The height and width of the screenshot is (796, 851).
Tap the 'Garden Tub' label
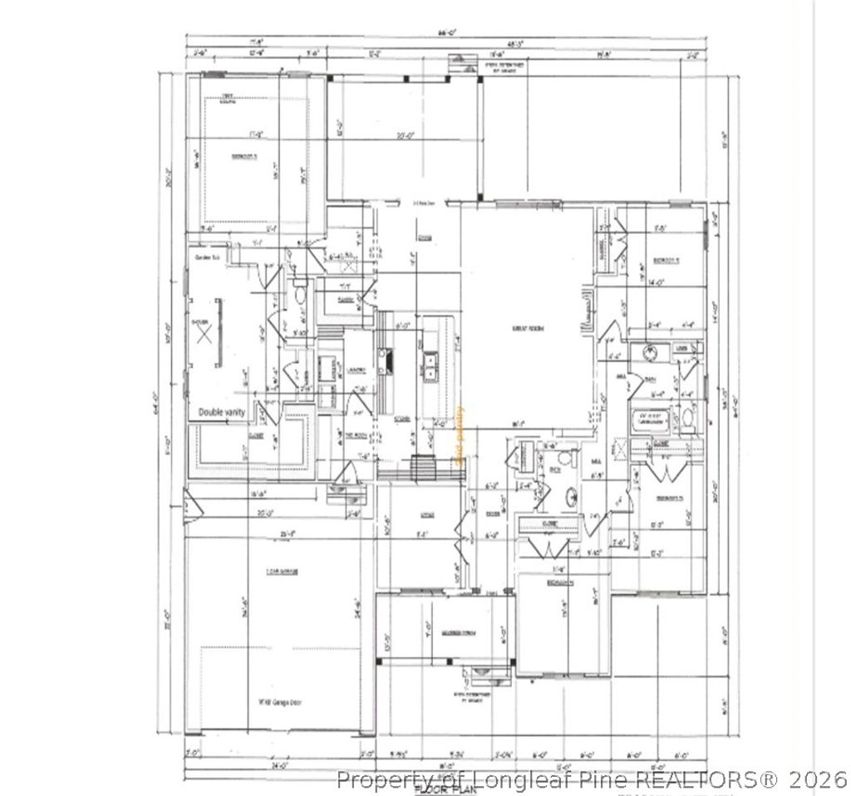point(206,257)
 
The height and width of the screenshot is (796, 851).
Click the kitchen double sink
point(432,365)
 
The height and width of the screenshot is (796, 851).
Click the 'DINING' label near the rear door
point(425,238)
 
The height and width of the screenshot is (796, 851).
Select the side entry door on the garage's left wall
point(190,506)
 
